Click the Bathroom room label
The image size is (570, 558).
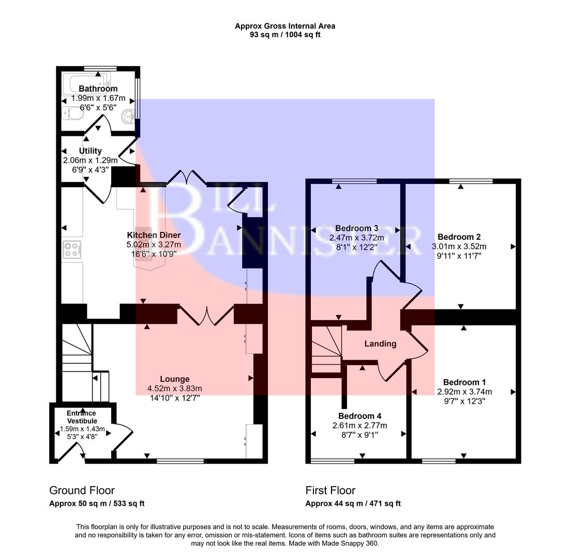pos(98,89)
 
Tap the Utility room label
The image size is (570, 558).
pos(90,151)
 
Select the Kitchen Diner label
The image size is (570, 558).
pos(154,235)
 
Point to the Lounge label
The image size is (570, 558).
pos(174,379)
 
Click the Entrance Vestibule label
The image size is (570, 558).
pos(81,417)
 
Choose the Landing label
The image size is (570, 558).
pos(380,344)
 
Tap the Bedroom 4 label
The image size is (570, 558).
pos(359,416)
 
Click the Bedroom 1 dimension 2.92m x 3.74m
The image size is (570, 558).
pos(464,392)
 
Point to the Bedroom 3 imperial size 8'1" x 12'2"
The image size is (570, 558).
pos(356,247)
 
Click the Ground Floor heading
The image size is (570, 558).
pos(82,490)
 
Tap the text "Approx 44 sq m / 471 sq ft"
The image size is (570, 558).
pos(353,503)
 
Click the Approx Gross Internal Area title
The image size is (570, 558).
pos(284,26)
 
